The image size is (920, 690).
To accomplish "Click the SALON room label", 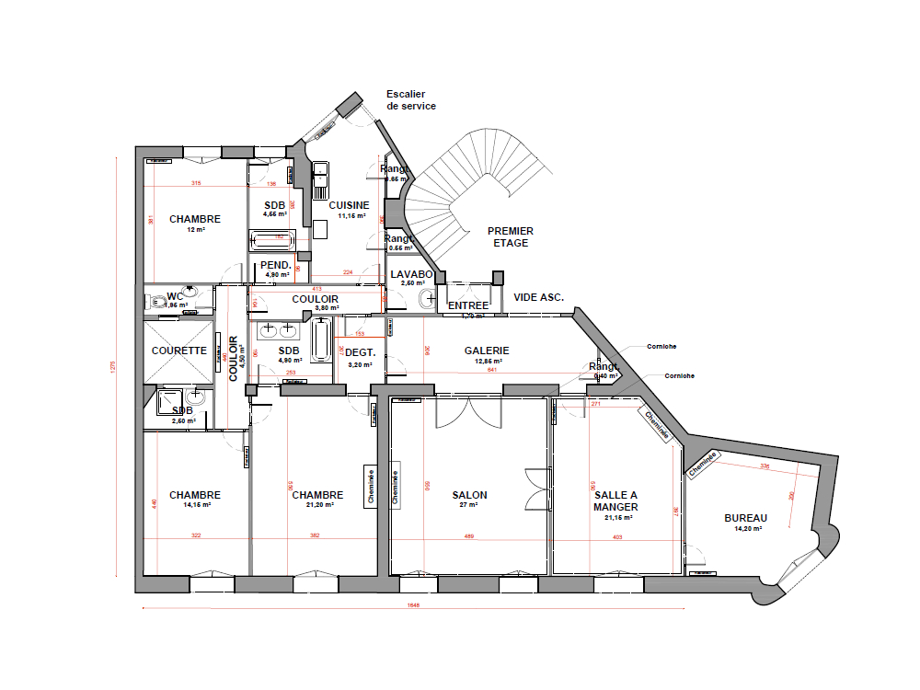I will tap(469, 495).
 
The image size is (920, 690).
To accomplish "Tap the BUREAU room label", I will tap(745, 518).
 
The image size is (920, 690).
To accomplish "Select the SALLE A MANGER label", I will tap(615, 500).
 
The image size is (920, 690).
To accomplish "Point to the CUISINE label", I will tap(350, 205).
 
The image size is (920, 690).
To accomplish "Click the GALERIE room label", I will tap(487, 351).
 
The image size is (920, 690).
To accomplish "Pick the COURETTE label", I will tap(179, 351).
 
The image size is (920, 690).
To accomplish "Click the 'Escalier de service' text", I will tap(411, 100).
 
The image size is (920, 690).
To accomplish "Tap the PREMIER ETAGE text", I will tap(511, 236).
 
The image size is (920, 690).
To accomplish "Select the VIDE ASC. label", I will tap(538, 297).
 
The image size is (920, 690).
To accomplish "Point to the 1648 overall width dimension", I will tap(413, 605).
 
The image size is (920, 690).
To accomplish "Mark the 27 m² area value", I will tap(469, 505).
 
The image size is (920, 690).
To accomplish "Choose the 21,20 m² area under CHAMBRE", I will tap(317, 505).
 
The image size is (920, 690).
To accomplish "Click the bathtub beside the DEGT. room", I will tap(321, 340).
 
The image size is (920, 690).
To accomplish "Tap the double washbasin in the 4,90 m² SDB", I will tap(278, 328).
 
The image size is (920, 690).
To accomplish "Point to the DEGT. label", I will tap(359, 352).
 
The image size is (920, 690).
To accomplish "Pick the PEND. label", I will tap(277, 265).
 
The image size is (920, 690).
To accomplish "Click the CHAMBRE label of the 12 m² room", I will tap(195, 219).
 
